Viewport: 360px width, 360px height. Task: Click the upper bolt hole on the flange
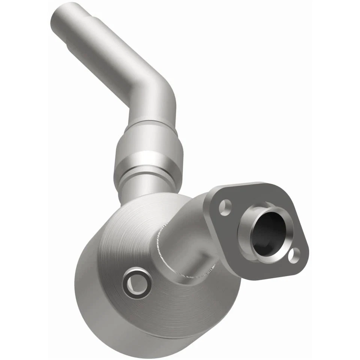coord(225,207)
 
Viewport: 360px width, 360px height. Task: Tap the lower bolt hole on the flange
coord(294,255)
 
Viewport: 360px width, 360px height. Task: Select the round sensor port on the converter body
coord(138,282)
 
